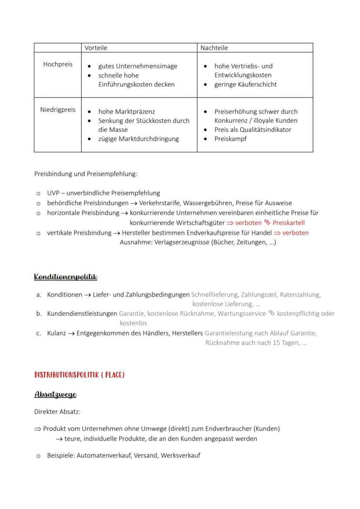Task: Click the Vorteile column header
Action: (x=96, y=48)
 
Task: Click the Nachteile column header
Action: (x=214, y=48)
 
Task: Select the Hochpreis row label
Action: (x=58, y=64)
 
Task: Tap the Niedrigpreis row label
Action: (x=58, y=110)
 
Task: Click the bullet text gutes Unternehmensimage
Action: (x=137, y=66)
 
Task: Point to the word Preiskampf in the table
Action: (x=230, y=139)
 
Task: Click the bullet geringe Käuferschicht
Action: (x=245, y=84)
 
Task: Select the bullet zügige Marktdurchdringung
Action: (x=138, y=139)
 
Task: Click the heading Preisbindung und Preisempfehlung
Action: (x=85, y=174)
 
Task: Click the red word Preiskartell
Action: (x=288, y=223)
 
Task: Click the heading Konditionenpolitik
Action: (x=66, y=277)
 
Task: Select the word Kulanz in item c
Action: (x=57, y=333)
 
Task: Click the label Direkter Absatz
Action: (x=57, y=412)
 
